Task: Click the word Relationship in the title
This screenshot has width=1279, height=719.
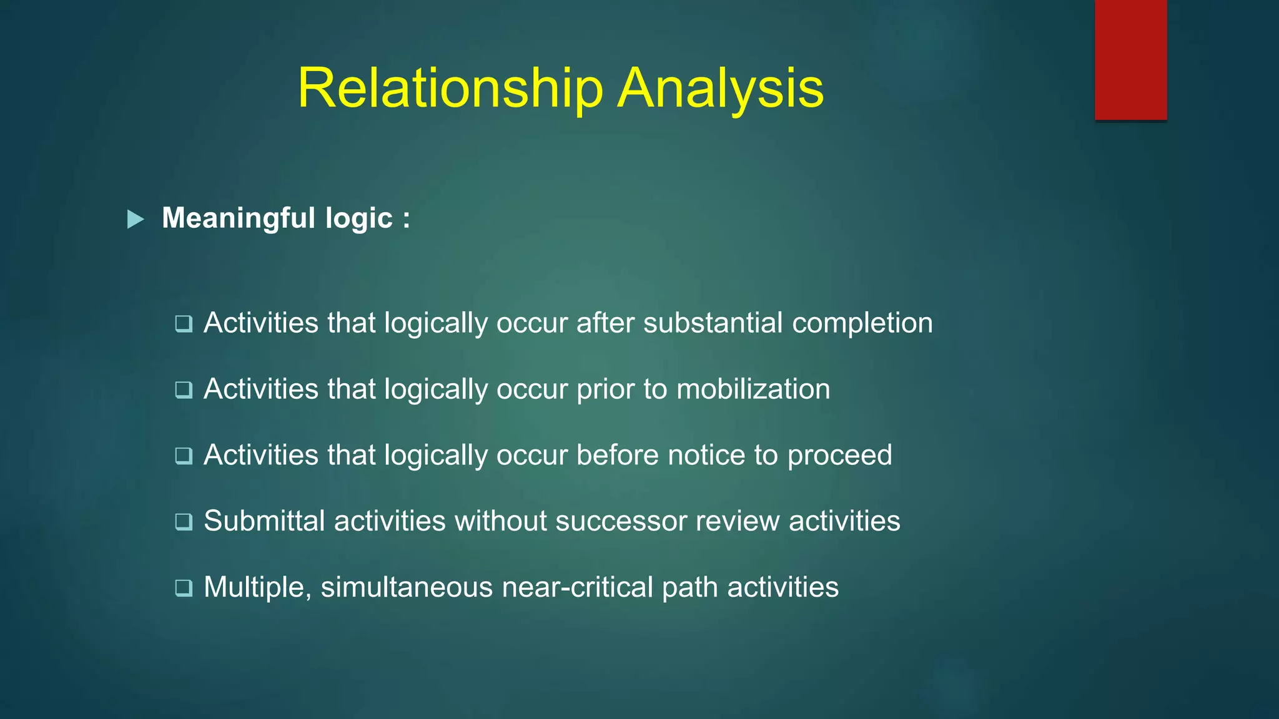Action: (x=450, y=89)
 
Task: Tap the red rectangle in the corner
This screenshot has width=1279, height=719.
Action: (x=1130, y=59)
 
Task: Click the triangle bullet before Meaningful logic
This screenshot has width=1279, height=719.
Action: (x=136, y=219)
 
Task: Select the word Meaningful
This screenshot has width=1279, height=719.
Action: (x=239, y=218)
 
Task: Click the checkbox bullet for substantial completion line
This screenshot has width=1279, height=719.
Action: (x=184, y=323)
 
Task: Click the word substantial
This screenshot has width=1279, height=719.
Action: (x=713, y=323)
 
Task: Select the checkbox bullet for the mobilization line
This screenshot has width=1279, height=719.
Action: (x=184, y=389)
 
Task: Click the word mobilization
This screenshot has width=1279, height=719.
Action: (x=753, y=389)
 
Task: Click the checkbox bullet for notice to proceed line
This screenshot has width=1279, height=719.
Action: (x=184, y=456)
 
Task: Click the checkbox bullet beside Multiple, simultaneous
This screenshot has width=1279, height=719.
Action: (x=184, y=587)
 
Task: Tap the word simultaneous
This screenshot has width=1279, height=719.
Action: (x=407, y=587)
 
